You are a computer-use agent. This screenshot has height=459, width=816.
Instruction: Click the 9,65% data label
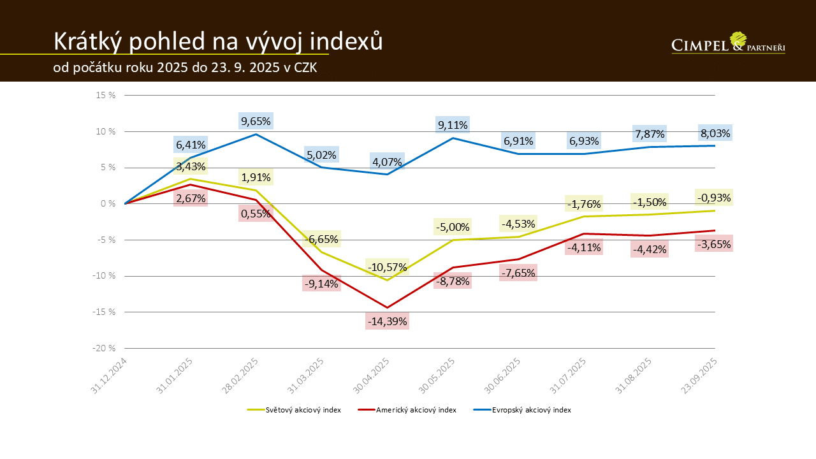[x=256, y=120]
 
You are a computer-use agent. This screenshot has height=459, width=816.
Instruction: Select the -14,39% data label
[x=387, y=321]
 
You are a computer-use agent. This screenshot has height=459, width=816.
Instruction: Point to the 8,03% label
[x=715, y=133]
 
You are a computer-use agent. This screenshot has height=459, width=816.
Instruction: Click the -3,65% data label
[x=715, y=244]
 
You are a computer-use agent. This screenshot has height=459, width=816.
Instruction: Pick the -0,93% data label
[x=715, y=197]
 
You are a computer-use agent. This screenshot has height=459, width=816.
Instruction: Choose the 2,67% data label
[x=191, y=198]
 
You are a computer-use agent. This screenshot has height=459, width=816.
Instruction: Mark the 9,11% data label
[x=453, y=125]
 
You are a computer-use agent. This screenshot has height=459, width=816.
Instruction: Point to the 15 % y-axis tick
[x=106, y=96]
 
